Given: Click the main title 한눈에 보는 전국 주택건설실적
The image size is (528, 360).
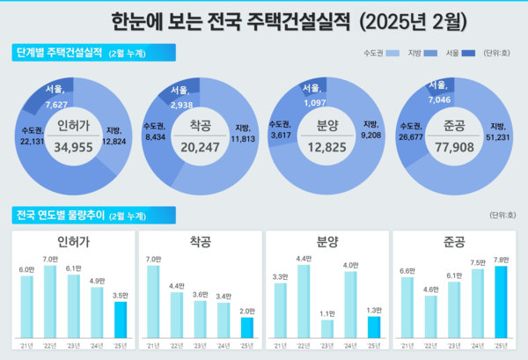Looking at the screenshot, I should pos(264,18).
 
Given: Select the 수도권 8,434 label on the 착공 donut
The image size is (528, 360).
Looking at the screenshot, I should pos(156,131).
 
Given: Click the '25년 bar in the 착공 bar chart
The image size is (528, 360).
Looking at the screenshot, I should pos(248,327).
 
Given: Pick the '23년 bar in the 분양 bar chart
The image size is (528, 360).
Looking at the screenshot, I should pos(327,329).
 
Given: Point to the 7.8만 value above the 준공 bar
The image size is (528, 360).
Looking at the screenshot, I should pos(501,260).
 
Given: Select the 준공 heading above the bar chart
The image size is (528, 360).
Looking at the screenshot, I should pos(455,241).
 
